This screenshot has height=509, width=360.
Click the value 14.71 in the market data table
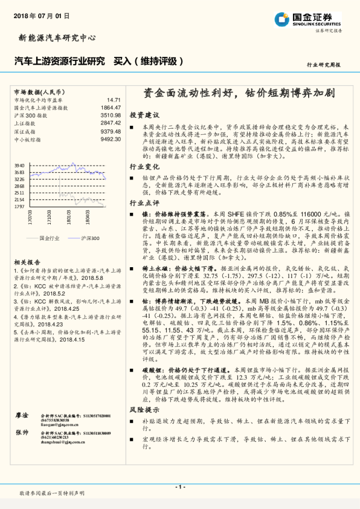click(114, 100)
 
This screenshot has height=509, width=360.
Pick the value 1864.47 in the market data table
click(111, 108)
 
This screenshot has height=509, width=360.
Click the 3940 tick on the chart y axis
click(19, 164)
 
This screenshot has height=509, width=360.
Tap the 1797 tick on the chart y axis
click(19, 206)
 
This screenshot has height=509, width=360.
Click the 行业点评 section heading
click(144, 203)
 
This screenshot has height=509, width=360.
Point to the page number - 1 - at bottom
click(179, 487)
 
